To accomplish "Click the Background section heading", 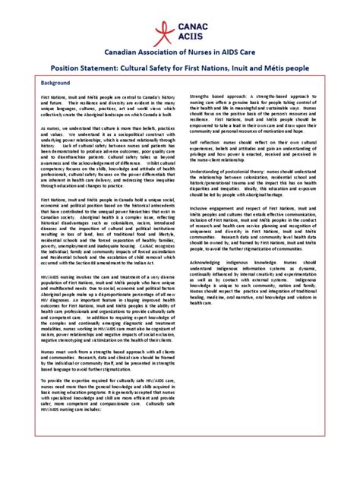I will (x=55, y=81).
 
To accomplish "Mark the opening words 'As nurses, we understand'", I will (x=61, y=131).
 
